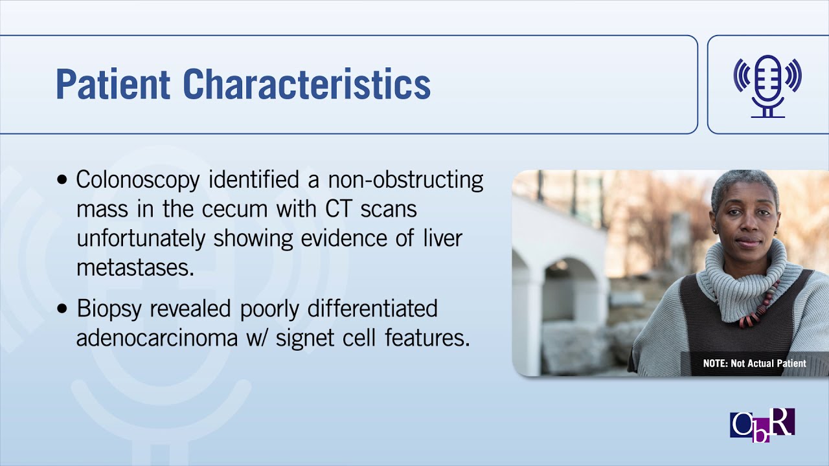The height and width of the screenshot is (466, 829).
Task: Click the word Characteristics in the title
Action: coord(306,84)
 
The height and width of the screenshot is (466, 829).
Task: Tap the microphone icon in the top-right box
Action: coord(767,85)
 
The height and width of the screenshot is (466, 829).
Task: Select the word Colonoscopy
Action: coord(137,180)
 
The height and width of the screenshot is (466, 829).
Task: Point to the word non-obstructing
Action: coord(406,180)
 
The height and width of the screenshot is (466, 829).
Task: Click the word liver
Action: coord(442,238)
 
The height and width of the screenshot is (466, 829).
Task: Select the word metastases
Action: coord(135,267)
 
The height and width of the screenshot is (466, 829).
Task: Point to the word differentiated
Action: coord(373,309)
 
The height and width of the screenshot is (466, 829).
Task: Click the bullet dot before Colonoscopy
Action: coord(62,180)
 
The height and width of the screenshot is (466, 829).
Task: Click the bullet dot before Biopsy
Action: coord(62,309)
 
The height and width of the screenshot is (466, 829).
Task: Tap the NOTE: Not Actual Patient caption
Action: coord(755,363)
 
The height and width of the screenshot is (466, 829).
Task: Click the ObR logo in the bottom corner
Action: coord(762,425)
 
